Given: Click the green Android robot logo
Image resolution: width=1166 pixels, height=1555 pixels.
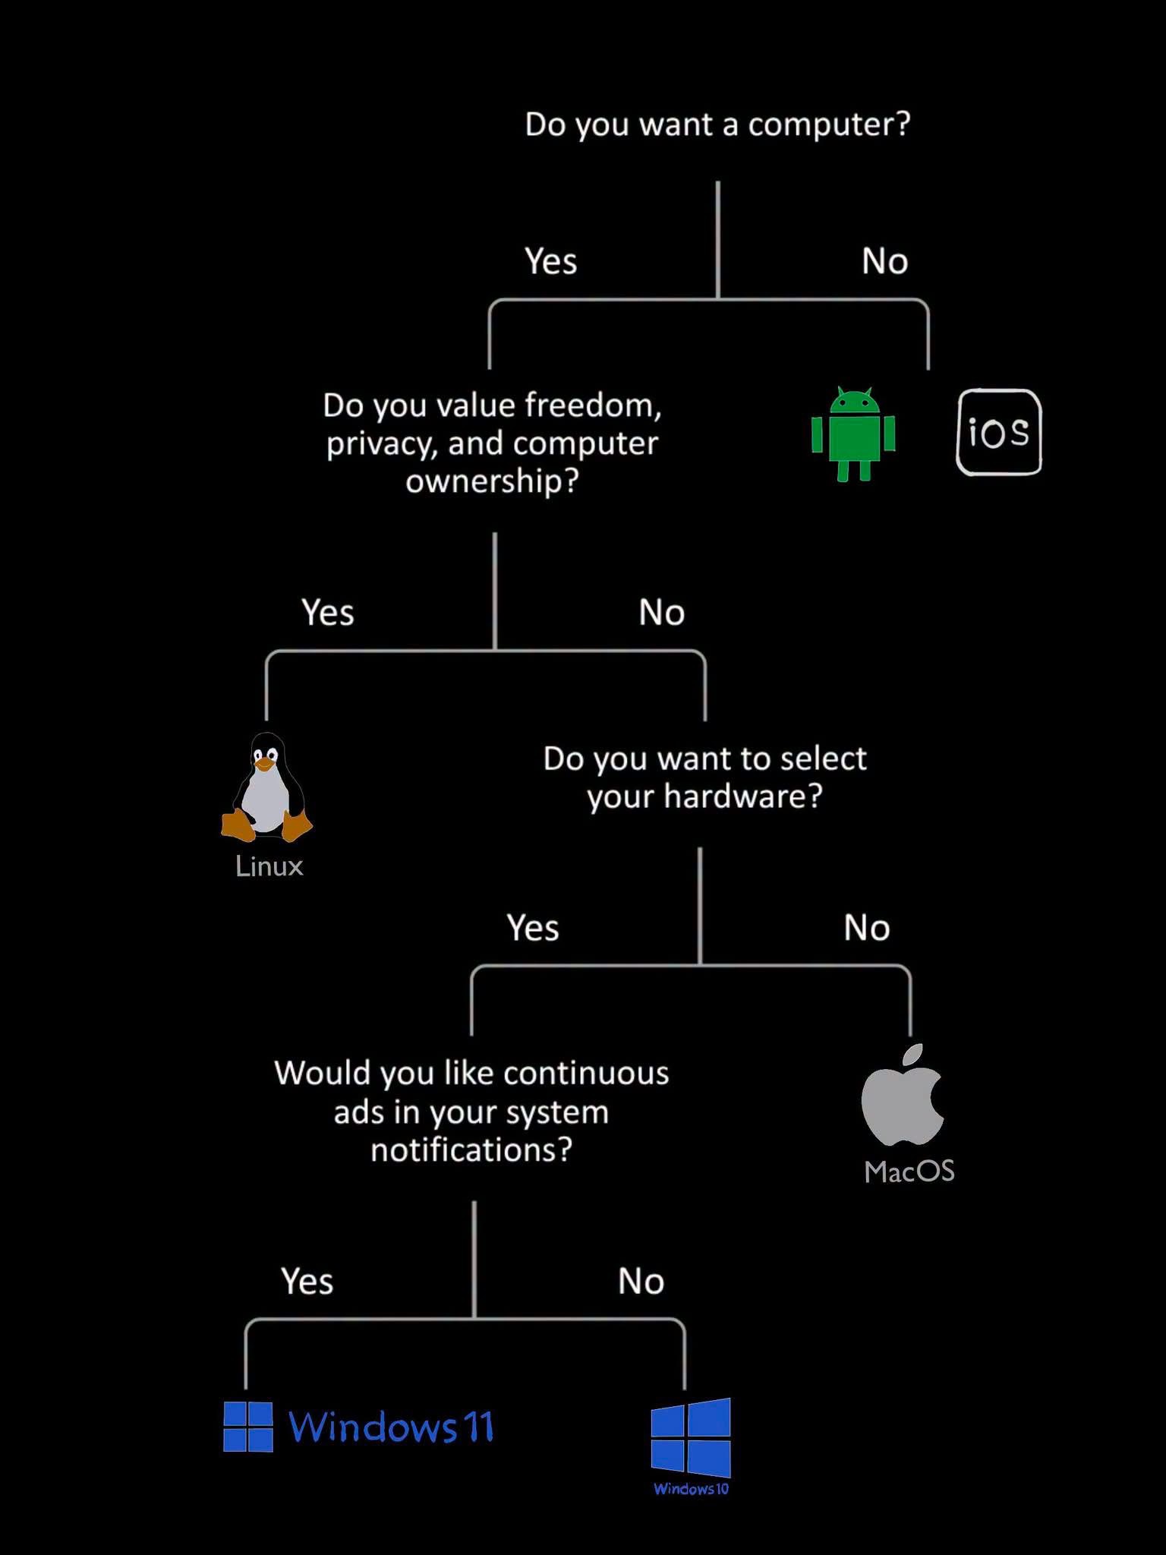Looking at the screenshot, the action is (853, 434).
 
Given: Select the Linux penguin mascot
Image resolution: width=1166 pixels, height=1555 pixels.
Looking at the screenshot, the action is (266, 787).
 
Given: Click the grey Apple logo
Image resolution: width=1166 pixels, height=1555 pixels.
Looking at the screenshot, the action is (903, 1094).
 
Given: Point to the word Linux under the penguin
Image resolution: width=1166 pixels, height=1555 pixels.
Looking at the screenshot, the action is (269, 866).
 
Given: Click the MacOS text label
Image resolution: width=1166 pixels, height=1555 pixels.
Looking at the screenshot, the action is (909, 1171).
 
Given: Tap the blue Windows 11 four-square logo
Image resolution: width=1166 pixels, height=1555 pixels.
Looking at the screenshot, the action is (248, 1427).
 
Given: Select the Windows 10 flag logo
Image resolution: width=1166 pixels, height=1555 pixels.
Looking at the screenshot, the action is (691, 1437).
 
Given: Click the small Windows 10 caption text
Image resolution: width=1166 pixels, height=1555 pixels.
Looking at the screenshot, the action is (691, 1489).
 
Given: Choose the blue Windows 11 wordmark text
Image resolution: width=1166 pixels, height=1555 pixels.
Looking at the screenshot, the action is (392, 1427).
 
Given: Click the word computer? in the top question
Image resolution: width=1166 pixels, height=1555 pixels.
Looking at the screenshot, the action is (829, 125).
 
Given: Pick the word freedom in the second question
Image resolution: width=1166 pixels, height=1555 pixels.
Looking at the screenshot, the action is (594, 405).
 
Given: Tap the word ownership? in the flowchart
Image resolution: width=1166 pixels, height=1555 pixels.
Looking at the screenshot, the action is (493, 481).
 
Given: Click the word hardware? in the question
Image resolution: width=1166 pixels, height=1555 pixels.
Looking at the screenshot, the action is (743, 796).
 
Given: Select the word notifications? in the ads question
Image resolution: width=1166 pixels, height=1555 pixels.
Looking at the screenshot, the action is (471, 1150).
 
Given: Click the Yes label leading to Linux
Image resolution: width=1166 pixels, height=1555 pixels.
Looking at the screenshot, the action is (328, 613).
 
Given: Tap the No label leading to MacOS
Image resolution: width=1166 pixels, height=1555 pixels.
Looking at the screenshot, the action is (867, 928).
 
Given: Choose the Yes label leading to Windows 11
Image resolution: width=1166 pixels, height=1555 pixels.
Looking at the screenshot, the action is (307, 1281).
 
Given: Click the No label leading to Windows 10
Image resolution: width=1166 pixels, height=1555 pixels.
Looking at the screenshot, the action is (641, 1282).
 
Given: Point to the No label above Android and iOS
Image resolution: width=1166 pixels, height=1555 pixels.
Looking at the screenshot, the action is (885, 261).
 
